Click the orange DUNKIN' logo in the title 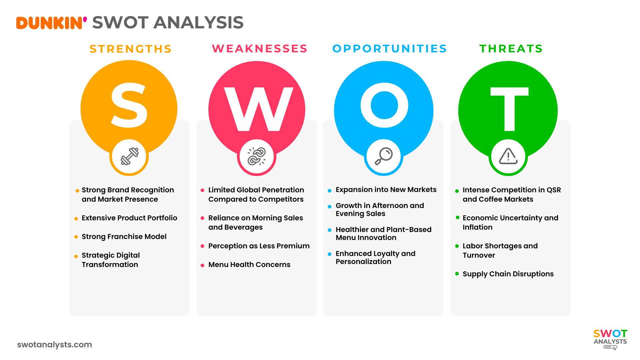51,23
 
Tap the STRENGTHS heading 131,49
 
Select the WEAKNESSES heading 260,49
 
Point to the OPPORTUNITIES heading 390,49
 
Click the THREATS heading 511,49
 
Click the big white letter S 129,105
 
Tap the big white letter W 258,109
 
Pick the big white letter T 509,109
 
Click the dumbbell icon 129,156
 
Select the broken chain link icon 256,156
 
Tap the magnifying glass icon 384,156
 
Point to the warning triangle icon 508,156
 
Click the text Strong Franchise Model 124,237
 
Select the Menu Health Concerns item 249,265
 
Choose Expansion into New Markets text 386,190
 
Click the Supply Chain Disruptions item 508,274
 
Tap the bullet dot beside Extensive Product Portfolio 76,219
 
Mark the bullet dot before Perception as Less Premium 202,246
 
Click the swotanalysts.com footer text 55,345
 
